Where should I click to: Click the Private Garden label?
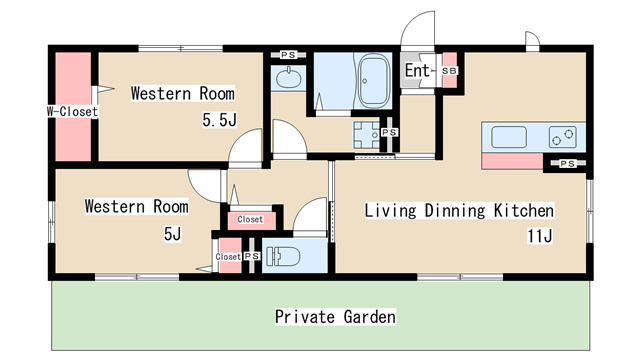point(335,317)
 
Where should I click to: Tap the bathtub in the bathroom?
point(373,81)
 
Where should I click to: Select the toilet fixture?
point(283,257)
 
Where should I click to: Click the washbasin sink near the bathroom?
point(288,78)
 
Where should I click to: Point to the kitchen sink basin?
point(509,137)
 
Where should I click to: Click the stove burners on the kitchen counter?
point(563,137)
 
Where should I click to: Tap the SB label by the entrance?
point(449,71)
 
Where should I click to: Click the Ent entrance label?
point(418,70)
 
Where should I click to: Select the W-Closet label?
point(72,111)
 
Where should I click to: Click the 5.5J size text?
point(220,120)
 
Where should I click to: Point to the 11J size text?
point(540,236)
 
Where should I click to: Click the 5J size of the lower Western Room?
point(172,234)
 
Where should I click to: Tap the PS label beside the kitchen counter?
point(567,164)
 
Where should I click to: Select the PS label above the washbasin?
point(288,55)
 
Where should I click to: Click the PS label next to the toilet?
point(252,256)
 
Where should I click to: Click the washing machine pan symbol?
point(367,135)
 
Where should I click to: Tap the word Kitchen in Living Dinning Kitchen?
point(524,211)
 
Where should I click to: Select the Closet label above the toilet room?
point(250,219)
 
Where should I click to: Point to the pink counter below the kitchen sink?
point(512,161)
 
